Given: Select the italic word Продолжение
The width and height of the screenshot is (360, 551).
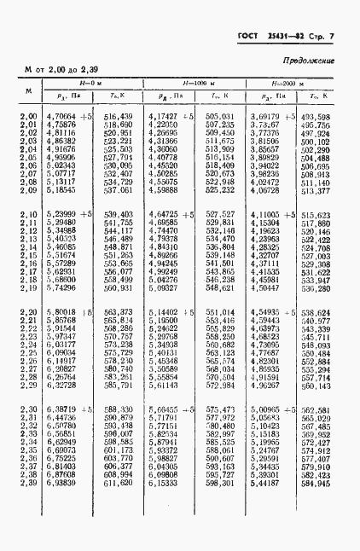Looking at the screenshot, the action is (x=308, y=61).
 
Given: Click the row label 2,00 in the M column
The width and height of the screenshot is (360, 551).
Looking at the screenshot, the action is (x=28, y=117).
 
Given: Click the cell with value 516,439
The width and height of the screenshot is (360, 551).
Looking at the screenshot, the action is (x=118, y=117).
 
